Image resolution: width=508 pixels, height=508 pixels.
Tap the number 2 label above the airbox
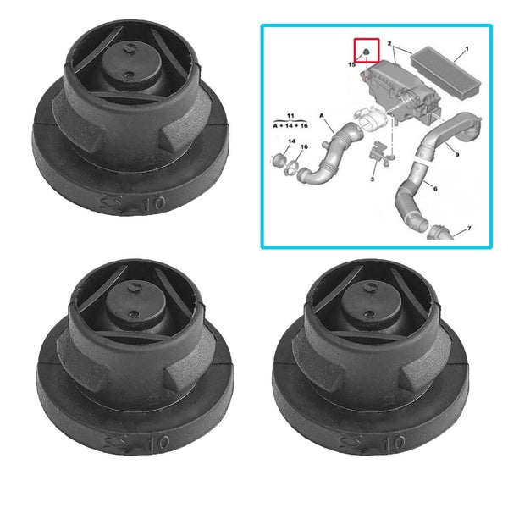click(x=389, y=42)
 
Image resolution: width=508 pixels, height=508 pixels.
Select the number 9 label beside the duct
click(x=457, y=155)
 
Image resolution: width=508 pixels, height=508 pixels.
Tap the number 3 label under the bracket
click(x=371, y=180)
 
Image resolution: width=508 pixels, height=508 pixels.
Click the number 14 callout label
click(x=290, y=141)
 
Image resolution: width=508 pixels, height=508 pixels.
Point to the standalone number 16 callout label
click(x=304, y=147)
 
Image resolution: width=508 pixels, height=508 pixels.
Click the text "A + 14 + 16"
click(x=290, y=124)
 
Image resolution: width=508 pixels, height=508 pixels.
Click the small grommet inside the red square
click(x=365, y=52)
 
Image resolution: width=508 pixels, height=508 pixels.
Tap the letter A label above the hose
click(x=323, y=117)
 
